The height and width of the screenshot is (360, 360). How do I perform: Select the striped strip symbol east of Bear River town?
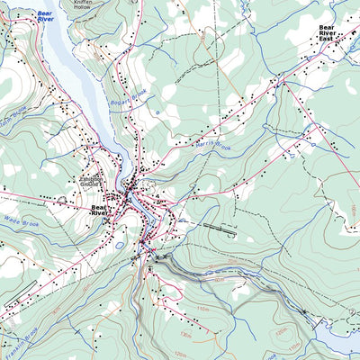tap(221, 229)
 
